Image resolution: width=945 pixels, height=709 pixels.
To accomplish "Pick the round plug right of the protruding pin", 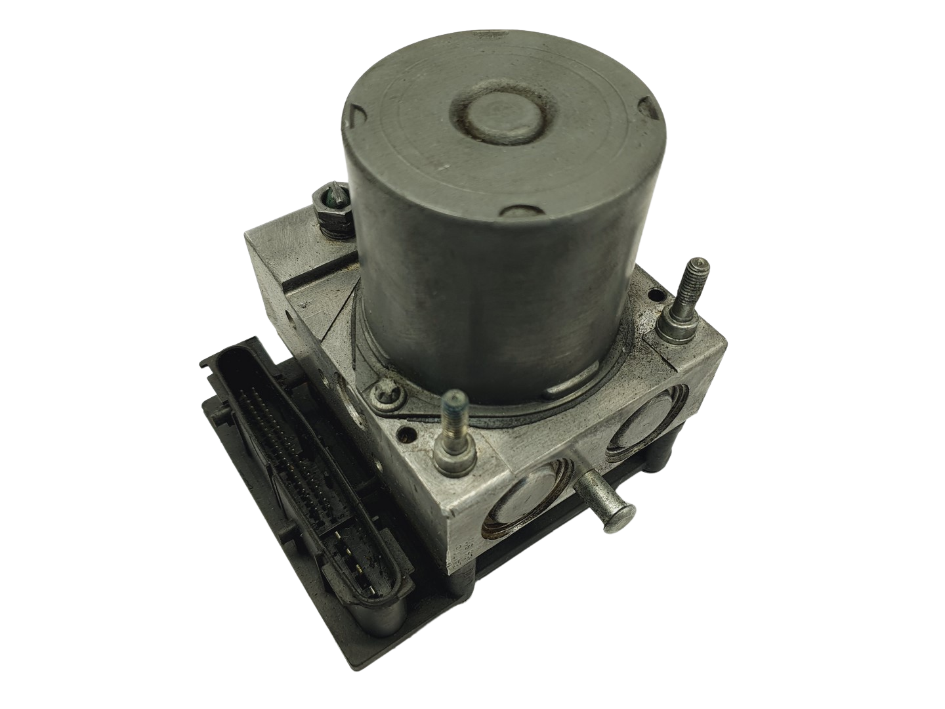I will pyautogui.click(x=639, y=427).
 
